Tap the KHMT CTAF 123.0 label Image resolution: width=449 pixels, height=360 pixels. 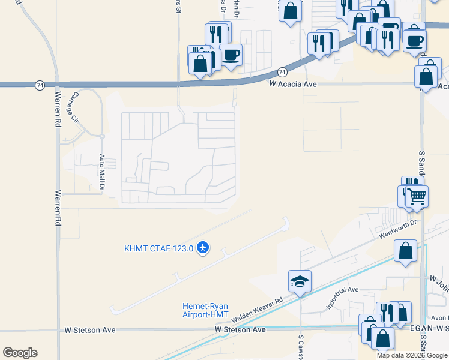158,248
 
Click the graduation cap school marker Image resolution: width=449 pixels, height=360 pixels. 300,281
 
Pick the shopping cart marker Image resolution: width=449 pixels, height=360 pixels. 416,196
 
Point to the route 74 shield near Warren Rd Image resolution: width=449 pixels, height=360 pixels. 40,85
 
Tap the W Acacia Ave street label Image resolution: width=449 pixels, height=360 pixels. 292,85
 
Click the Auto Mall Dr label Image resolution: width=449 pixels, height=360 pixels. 102,174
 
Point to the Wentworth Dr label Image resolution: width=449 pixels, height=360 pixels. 397,230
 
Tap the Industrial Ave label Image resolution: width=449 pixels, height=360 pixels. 342,297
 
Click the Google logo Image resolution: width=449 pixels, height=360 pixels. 20,353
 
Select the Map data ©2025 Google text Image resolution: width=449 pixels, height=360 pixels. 411,355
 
